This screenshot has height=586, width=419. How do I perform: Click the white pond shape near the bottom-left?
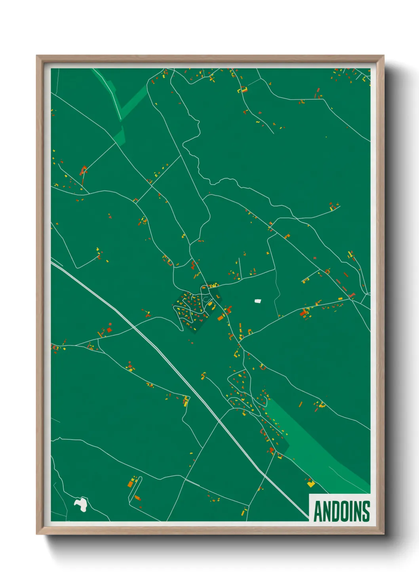click(81, 504)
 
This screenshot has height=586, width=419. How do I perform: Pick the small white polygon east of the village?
click(258, 301)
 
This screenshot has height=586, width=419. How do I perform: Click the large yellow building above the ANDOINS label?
click(311, 483)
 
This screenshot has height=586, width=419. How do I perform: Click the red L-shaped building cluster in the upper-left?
click(83, 171)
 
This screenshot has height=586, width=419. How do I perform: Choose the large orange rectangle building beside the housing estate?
click(221, 317)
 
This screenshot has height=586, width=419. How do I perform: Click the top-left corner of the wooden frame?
click(37, 56)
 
